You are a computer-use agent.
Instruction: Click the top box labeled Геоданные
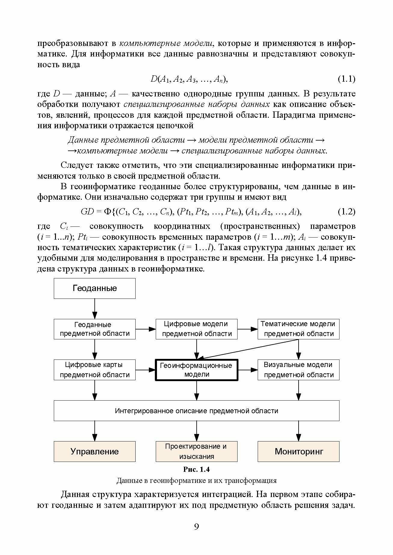(94, 288)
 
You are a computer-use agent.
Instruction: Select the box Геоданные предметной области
(94, 329)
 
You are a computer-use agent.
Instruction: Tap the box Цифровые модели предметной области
(196, 329)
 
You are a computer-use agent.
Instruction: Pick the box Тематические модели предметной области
(298, 329)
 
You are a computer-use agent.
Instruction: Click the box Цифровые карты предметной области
(94, 370)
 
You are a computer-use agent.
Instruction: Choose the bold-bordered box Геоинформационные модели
(196, 370)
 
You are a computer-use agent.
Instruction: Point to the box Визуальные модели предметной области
(298, 370)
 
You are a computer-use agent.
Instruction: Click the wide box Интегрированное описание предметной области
(196, 411)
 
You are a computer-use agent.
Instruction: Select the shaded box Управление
(94, 451)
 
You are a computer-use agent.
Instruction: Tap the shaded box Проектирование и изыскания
(196, 451)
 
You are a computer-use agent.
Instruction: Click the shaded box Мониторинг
(298, 451)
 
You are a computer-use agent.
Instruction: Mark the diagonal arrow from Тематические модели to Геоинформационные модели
(250, 349)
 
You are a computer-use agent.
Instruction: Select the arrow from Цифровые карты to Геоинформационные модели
(145, 370)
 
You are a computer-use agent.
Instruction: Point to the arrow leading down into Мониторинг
(298, 431)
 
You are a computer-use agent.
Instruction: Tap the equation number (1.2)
(346, 212)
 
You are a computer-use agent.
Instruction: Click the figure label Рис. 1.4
(196, 469)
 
